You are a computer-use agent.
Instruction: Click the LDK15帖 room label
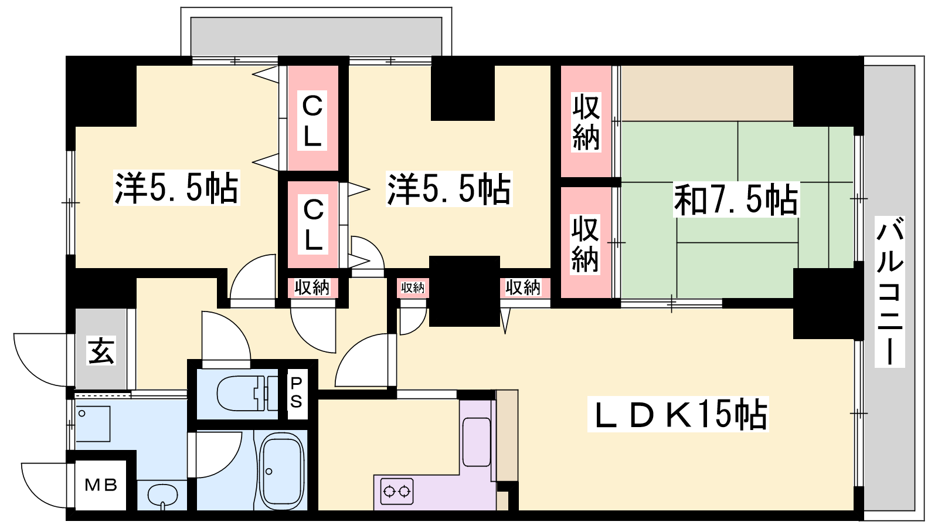click(678, 414)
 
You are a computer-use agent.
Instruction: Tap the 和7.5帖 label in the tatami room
click(736, 199)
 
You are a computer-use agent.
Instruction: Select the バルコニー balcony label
click(889, 291)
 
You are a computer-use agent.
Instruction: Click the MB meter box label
click(101, 485)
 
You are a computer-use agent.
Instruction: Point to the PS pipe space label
click(296, 392)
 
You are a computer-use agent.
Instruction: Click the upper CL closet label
click(312, 121)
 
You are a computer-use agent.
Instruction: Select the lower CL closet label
click(313, 224)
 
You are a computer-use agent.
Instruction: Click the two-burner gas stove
click(397, 491)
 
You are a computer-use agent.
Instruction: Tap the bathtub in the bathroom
click(282, 472)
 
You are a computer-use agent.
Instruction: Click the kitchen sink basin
click(476, 441)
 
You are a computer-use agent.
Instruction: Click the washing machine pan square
click(93, 423)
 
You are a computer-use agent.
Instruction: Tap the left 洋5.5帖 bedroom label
click(176, 188)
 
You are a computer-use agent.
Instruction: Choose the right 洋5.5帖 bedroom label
click(448, 188)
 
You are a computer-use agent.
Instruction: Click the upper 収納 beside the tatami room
click(586, 122)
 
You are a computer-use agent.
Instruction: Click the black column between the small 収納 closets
click(464, 291)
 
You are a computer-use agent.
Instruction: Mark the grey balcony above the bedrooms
click(316, 36)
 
